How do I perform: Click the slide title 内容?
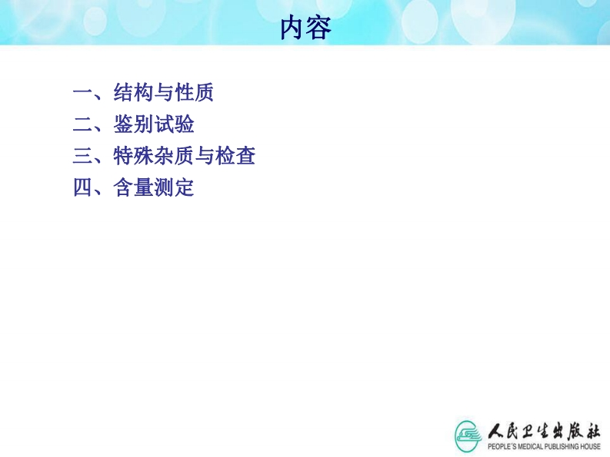306,28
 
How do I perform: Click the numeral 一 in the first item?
82,92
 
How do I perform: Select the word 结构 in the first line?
133,92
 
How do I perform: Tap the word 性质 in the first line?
194,92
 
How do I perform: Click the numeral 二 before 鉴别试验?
82,124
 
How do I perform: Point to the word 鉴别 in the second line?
133,124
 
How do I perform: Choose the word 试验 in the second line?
175,124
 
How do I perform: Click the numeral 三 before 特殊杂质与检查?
82,156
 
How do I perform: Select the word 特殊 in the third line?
133,156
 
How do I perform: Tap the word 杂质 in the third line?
174,156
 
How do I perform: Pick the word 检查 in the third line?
235,156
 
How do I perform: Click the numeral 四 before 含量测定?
82,187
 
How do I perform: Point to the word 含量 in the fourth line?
133,187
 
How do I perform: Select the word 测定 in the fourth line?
174,187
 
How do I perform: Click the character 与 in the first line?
163,92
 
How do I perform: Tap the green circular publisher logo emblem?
468,435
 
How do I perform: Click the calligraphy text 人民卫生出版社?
545,431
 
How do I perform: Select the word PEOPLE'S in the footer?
502,446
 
